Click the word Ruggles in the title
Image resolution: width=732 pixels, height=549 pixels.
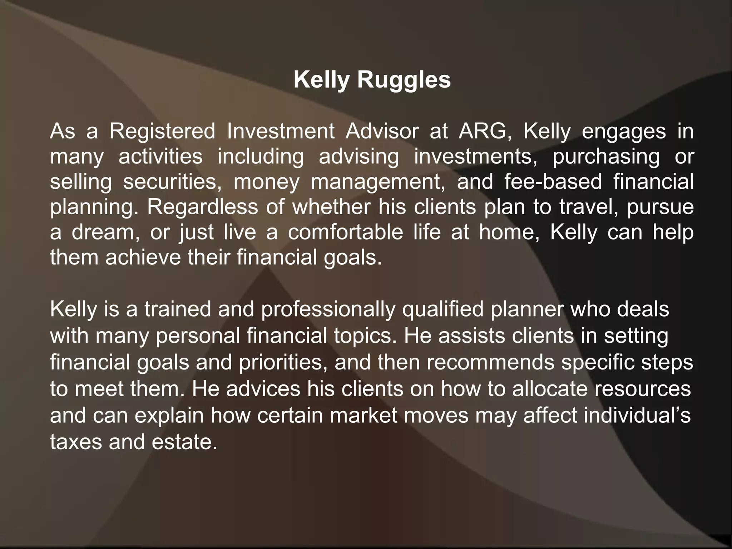pos(404,80)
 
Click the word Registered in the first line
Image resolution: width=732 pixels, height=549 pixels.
pos(162,131)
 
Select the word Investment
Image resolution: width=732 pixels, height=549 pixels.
pos(281,131)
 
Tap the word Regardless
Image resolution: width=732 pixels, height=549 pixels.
pos(202,207)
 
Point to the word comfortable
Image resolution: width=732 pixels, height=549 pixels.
pos(345,232)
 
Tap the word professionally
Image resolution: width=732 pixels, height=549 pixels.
pos(328,309)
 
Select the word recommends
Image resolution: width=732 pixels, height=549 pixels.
pos(490,362)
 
